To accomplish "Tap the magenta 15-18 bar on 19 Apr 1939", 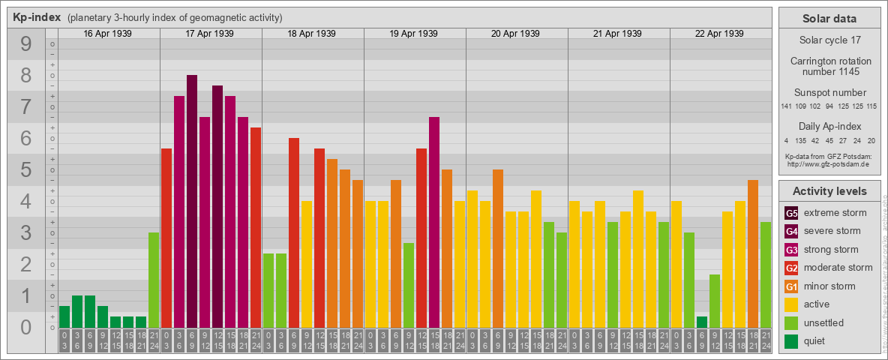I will [434, 222].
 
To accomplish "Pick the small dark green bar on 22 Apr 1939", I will [702, 322].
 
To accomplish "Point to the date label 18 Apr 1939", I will [312, 34].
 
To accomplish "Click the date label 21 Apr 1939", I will [618, 34].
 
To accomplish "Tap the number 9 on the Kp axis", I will [26, 45].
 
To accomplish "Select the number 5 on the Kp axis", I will [26, 170].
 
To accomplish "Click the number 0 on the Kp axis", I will [26, 328].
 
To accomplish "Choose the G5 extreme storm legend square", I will [791, 213].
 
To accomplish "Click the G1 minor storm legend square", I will [791, 286].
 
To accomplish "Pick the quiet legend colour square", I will [791, 341].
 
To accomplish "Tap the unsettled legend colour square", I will [791, 323].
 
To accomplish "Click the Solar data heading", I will [829, 19].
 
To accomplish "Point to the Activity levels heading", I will [829, 191].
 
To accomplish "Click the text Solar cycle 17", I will [829, 39].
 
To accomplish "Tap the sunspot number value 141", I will [786, 106].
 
